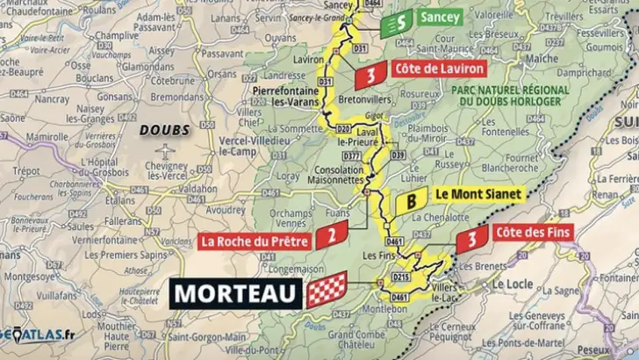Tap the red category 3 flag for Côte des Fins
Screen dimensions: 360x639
tap(472, 237)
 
